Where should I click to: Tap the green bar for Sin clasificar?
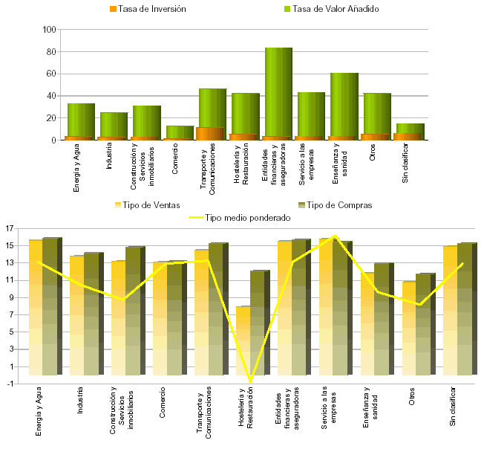pyautogui.click(x=411, y=127)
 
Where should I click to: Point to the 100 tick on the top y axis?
pyautogui.click(x=50, y=30)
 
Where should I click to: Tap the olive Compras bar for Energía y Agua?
pyautogui.click(x=50, y=305)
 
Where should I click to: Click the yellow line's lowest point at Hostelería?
pyautogui.click(x=250, y=382)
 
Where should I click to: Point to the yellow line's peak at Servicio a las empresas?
pyautogui.click(x=334, y=236)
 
